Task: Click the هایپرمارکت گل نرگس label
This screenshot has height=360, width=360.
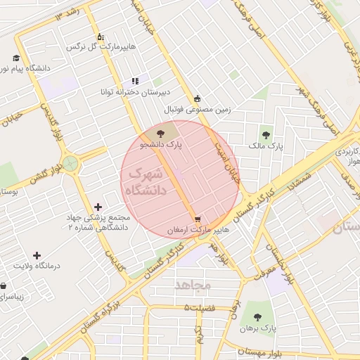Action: coord(100,46)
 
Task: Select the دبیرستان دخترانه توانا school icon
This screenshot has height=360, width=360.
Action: coord(135,82)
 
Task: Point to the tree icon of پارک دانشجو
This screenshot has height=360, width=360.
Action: coord(161,132)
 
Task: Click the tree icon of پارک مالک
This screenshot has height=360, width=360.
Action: coord(265,134)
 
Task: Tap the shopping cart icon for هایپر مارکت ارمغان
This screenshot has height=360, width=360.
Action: coord(197,219)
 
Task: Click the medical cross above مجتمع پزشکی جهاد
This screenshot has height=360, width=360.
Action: coord(97,207)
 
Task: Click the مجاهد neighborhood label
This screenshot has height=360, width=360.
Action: coord(192,285)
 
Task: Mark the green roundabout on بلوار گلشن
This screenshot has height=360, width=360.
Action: coord(71,164)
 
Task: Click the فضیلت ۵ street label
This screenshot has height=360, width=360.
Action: coord(204,308)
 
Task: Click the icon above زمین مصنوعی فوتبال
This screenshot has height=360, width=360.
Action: coord(197,98)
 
